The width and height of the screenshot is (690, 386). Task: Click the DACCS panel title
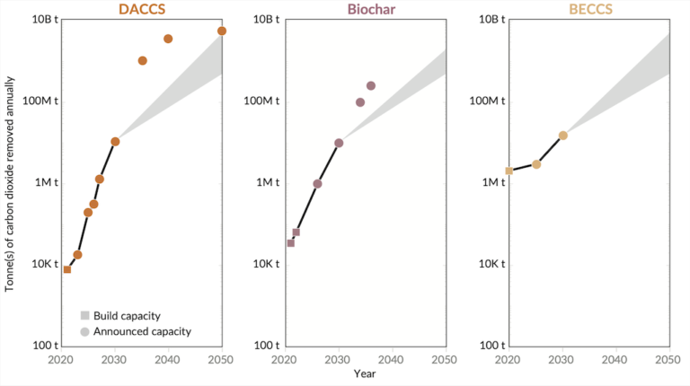[141, 9]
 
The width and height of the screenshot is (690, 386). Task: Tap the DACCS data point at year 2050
[222, 31]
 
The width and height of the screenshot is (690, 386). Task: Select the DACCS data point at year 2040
[168, 39]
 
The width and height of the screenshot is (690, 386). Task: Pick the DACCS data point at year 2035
[142, 61]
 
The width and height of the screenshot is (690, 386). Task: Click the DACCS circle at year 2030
[115, 142]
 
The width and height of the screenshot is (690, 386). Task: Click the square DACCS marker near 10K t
[66, 269]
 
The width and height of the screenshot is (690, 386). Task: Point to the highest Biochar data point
[371, 86]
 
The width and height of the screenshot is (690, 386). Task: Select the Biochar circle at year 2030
[339, 143]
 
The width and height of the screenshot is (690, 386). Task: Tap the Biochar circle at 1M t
[317, 184]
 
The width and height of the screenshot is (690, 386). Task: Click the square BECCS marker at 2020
[509, 171]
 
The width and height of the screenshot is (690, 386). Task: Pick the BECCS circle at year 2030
[563, 136]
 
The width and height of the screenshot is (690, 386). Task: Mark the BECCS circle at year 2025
[536, 164]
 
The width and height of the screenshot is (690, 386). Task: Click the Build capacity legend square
[84, 315]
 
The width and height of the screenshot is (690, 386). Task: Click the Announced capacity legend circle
[84, 331]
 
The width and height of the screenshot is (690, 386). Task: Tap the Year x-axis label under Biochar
[364, 373]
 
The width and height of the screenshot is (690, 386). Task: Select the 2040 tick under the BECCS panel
[615, 359]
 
